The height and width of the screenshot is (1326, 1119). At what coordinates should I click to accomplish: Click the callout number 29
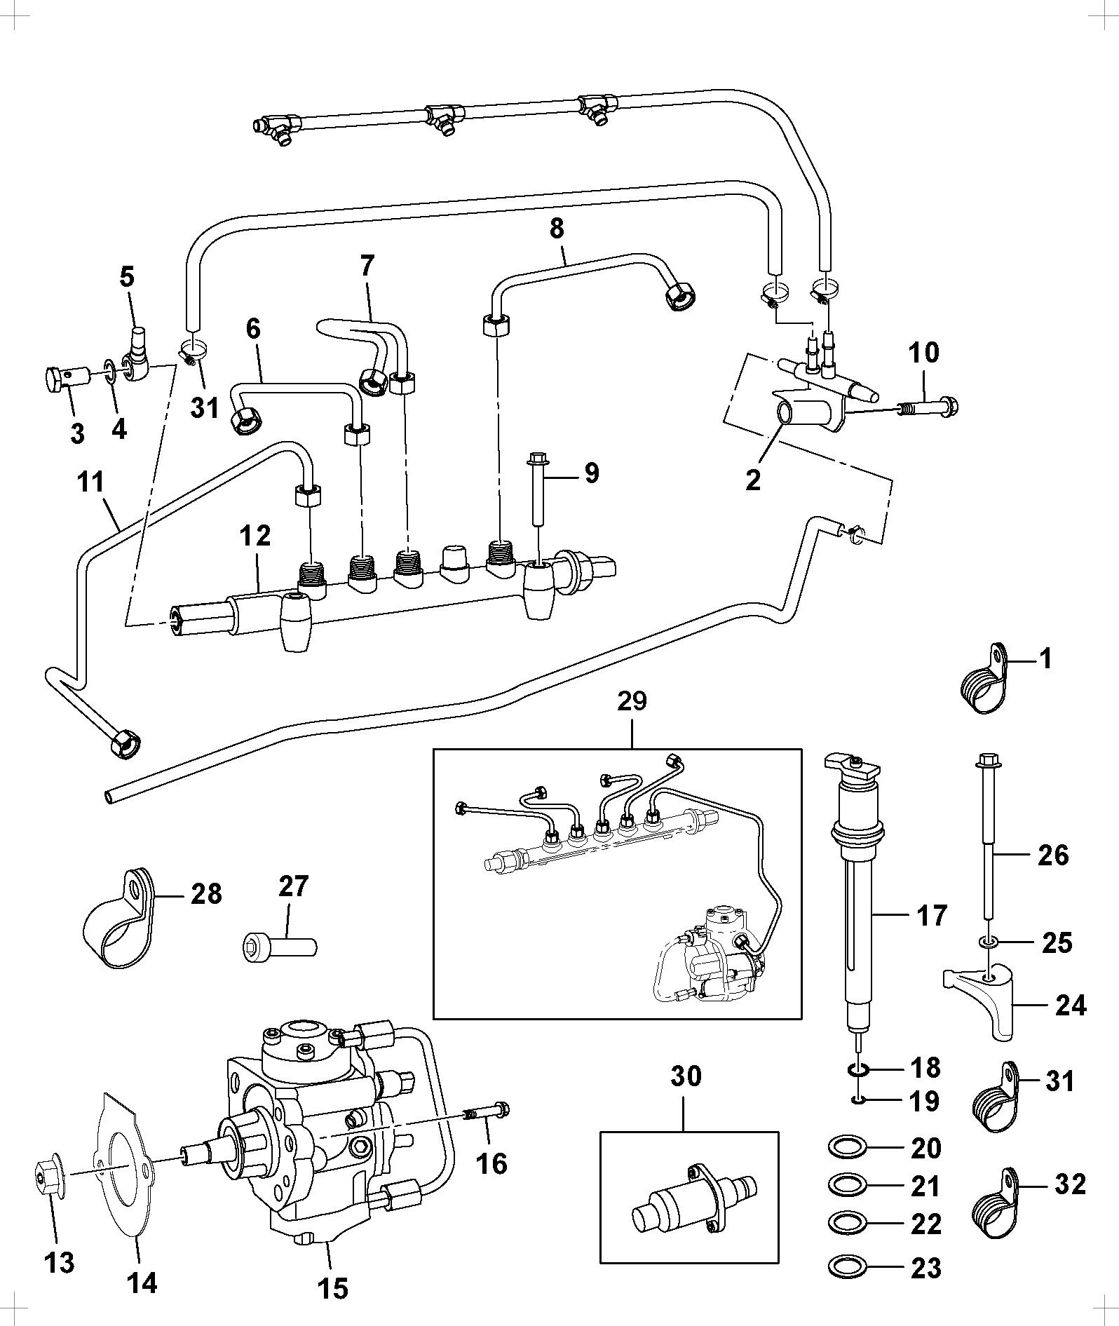click(632, 701)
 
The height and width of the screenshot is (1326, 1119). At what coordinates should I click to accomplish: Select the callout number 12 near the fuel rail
click(255, 536)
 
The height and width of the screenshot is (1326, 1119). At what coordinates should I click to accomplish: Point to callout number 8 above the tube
click(557, 229)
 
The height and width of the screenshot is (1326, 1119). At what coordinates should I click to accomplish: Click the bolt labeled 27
click(280, 946)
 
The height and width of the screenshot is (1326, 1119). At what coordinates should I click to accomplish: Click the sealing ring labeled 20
click(847, 1148)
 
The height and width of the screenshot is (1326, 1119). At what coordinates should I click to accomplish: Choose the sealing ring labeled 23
click(847, 1267)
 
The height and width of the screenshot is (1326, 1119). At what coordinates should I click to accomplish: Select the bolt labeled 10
click(928, 405)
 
